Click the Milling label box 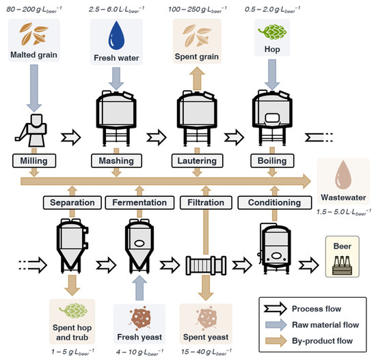coord(34,161)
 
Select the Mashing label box coord(116,161)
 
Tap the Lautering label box coord(197,161)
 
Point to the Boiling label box coord(272,161)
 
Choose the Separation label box coord(72,202)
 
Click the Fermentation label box coord(139,202)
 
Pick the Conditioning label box coord(275,202)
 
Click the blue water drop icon coord(116,36)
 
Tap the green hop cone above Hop coord(272,32)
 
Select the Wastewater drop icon coord(343,175)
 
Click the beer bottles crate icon coord(343,266)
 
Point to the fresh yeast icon coord(139,318)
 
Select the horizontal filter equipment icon coord(206,265)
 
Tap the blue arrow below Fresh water coord(116,79)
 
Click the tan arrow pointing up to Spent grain coord(197,79)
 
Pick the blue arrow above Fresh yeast coord(139,288)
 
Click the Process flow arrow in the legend coord(276,309)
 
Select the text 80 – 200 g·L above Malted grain coord(34,10)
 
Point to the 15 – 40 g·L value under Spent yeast coord(206,352)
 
